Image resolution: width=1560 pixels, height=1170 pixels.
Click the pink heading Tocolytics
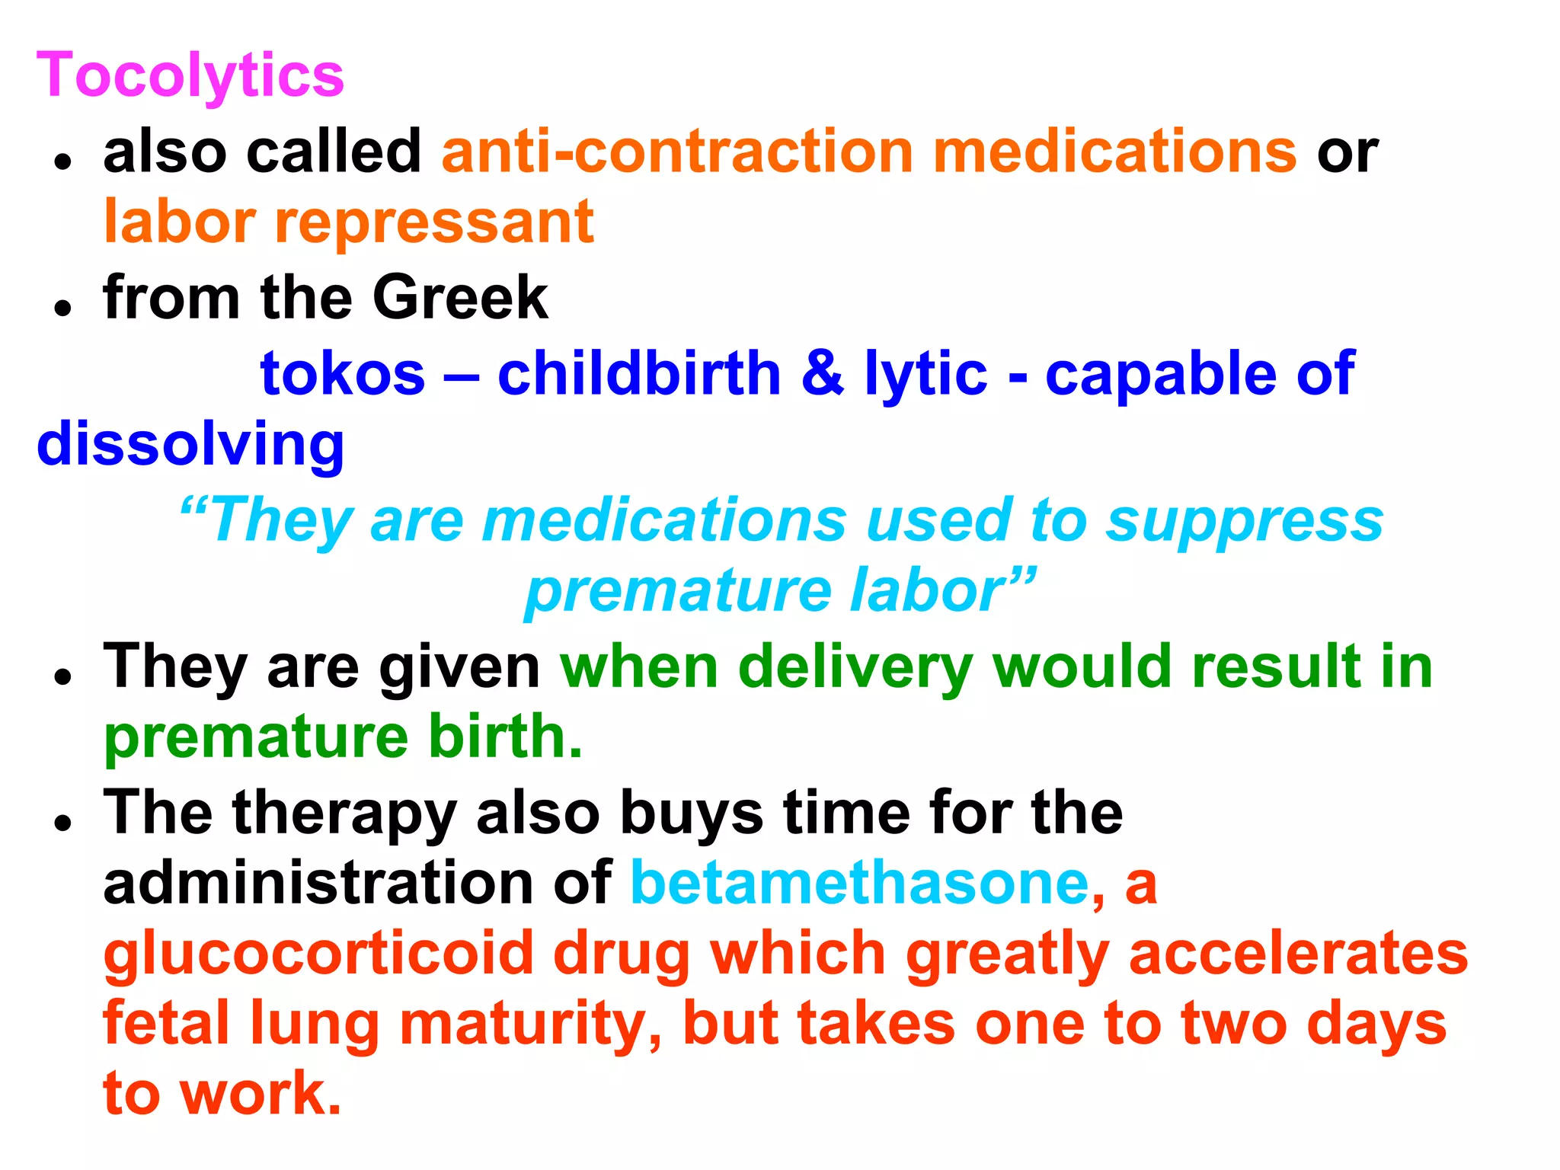tap(190, 76)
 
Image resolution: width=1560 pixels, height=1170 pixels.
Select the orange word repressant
tap(434, 222)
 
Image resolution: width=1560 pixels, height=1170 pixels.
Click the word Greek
tap(460, 297)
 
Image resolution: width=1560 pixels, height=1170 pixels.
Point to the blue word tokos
tap(343, 374)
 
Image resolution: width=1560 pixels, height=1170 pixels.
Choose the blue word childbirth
tap(640, 374)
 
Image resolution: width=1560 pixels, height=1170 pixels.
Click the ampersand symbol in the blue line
tap(823, 374)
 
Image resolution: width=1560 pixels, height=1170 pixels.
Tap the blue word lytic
tap(925, 374)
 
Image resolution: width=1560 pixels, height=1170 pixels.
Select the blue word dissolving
tap(190, 445)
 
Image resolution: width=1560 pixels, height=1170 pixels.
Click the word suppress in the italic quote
tap(1245, 521)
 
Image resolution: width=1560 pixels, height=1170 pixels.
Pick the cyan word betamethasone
tap(861, 884)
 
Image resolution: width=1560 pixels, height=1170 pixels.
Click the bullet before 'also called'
tap(63, 161)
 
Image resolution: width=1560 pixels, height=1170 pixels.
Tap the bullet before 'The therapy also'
tap(63, 822)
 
